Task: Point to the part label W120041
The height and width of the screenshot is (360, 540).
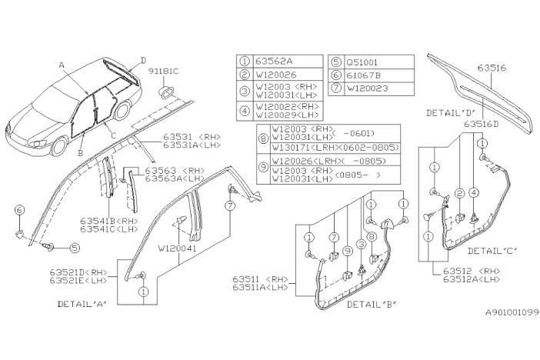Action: click(177, 248)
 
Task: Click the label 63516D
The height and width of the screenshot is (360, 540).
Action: click(481, 123)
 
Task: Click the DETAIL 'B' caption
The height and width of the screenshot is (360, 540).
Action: click(371, 304)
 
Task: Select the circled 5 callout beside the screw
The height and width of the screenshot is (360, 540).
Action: click(75, 248)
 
